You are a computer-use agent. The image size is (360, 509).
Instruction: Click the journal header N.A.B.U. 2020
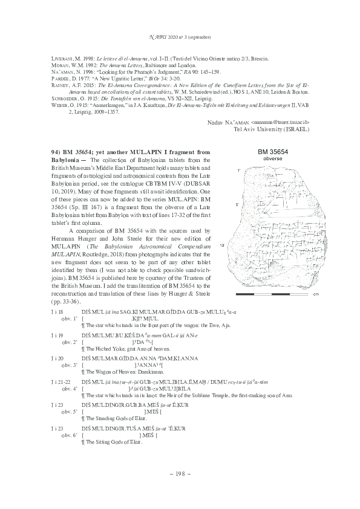180,37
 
